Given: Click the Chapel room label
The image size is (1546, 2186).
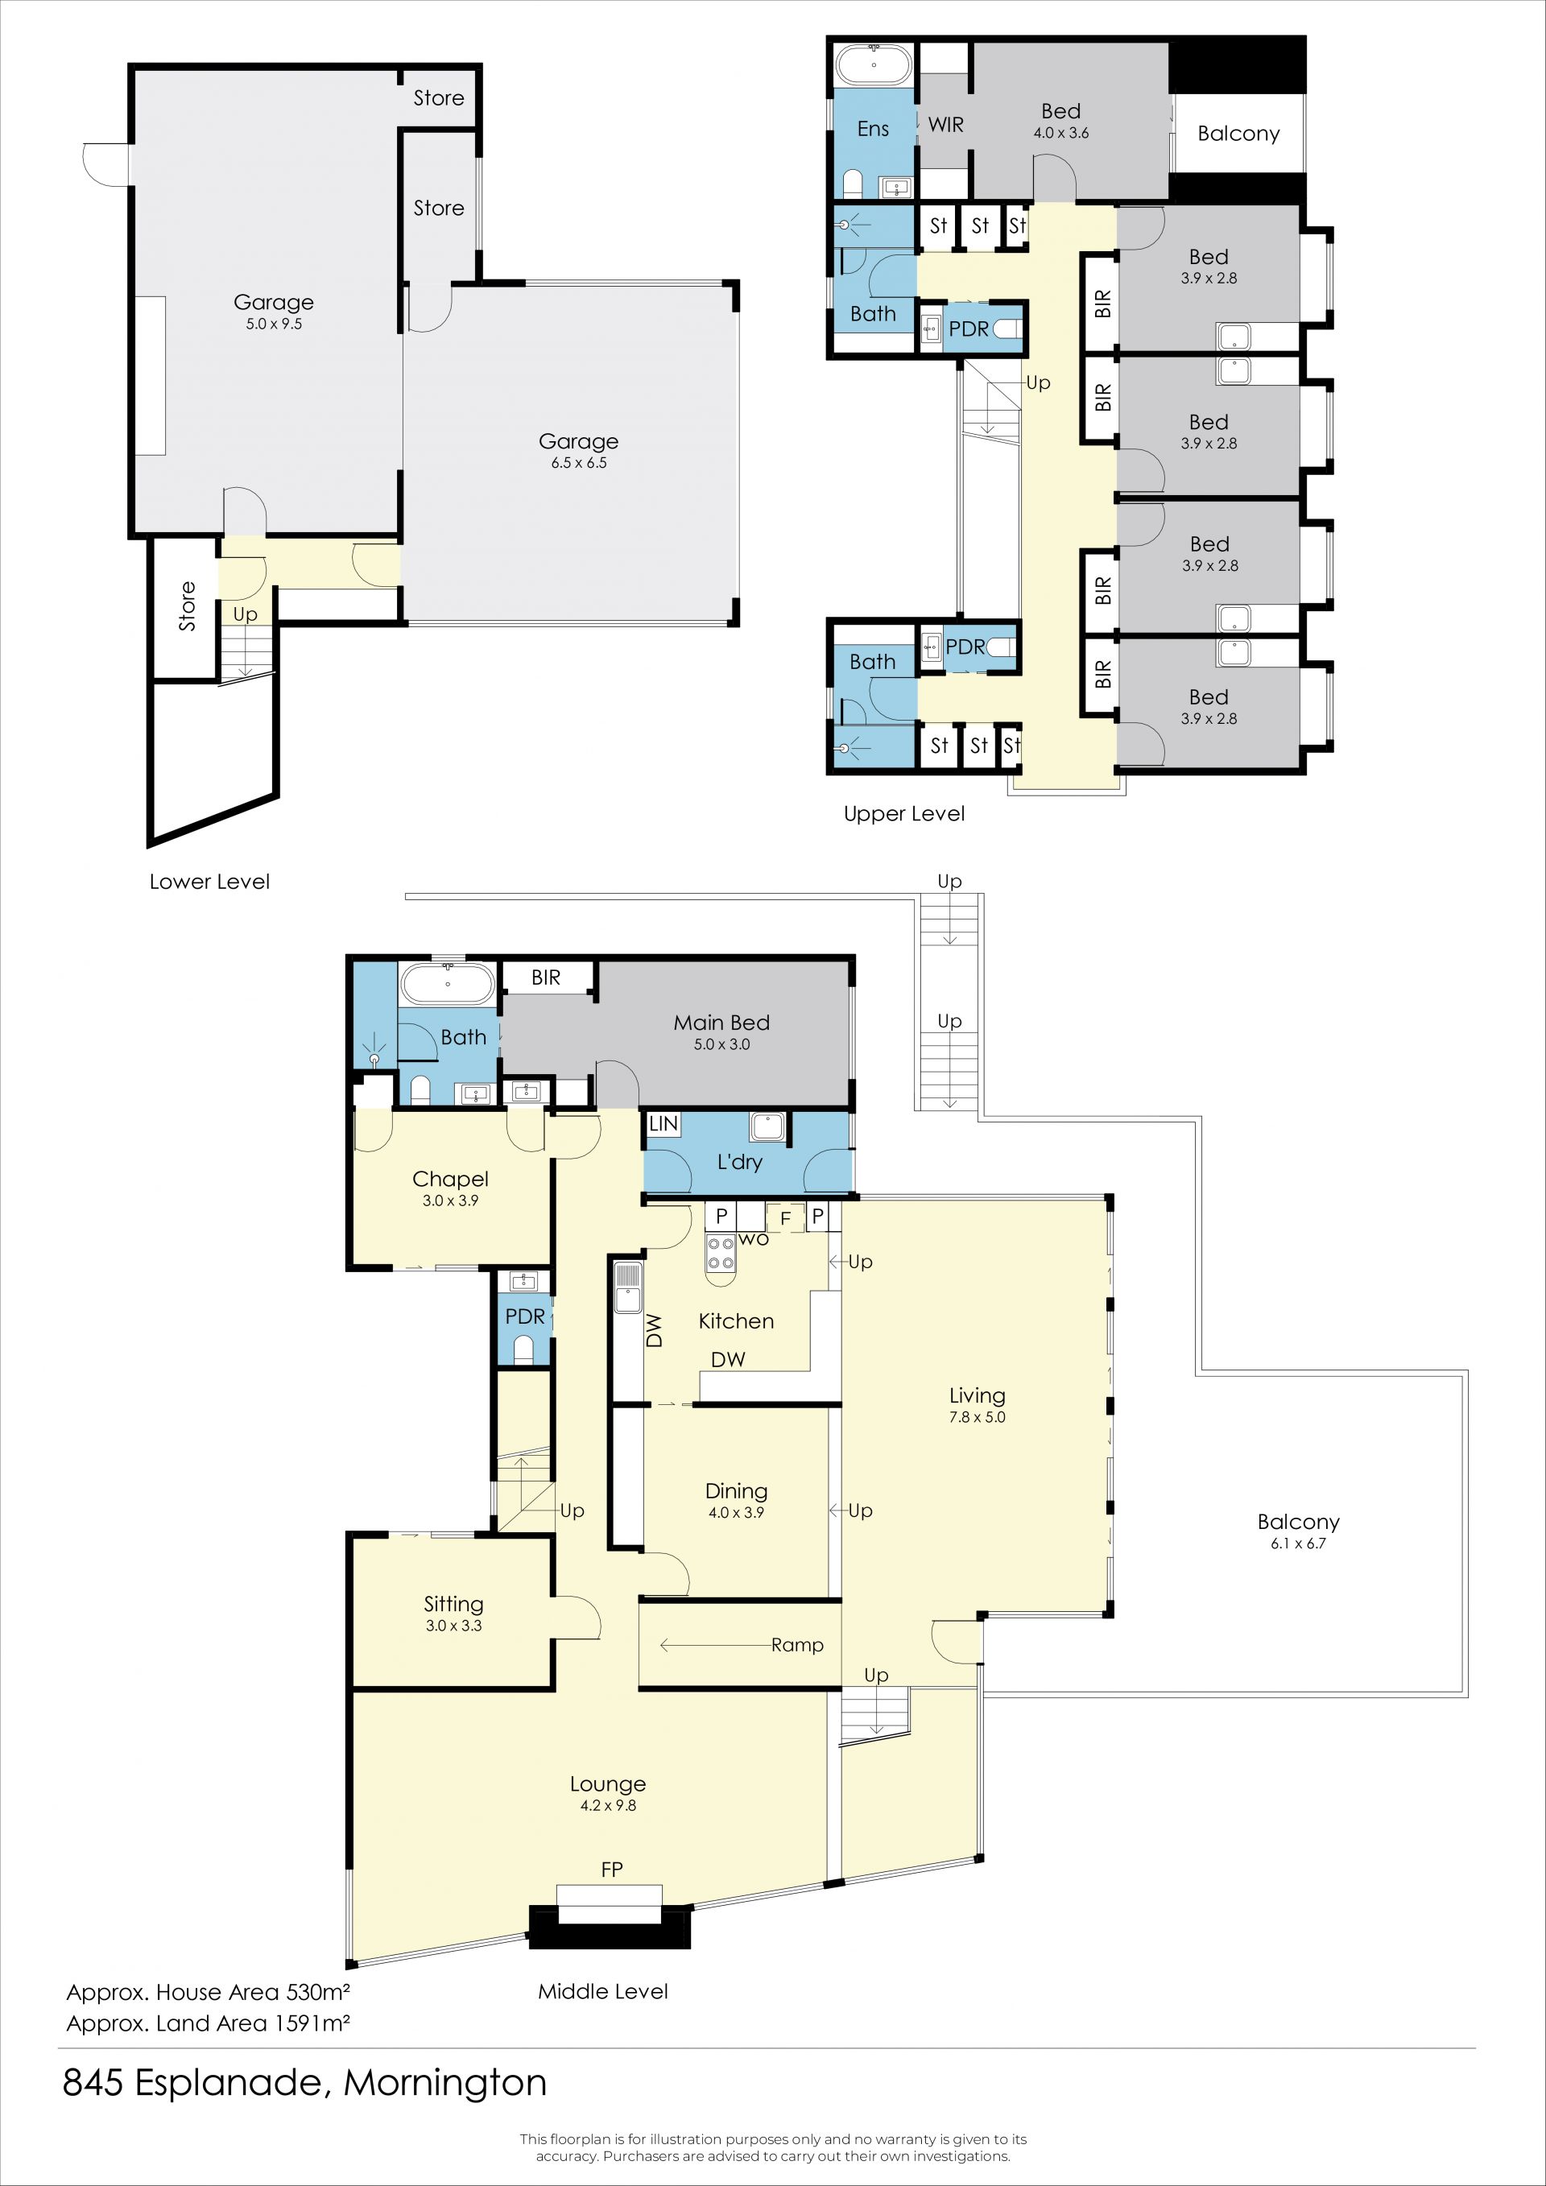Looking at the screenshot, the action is pos(450,1179).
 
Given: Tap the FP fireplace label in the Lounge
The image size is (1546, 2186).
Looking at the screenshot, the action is pos(612,1869).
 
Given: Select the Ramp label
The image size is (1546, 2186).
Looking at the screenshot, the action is pos(798,1645).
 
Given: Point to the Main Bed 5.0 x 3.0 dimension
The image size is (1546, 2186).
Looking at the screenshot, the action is pos(721,1044).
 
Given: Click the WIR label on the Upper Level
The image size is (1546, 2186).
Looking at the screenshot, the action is pos(946,125).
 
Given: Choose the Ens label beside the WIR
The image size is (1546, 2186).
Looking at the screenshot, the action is pos(873,129).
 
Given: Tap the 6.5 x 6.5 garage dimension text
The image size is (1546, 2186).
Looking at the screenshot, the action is pos(579,463).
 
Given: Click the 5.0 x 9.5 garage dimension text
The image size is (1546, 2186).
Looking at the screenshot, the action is pos(274,324).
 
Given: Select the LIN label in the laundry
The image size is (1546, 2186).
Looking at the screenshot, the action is pos(663,1123).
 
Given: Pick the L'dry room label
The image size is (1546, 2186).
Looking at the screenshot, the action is pos(740,1162).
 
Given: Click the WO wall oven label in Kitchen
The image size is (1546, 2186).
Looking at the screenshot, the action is pos(753,1238).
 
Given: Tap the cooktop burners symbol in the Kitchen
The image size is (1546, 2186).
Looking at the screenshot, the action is pos(721,1253).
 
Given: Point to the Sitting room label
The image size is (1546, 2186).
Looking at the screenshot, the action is pos(454,1604).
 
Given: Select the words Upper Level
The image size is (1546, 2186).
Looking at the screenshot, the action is pos(904,814).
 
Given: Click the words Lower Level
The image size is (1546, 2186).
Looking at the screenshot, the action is pos(209,882).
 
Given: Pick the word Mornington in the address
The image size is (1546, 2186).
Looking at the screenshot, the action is pos(445,2083).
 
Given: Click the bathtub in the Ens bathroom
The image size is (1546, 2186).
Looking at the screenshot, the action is pos(874,64).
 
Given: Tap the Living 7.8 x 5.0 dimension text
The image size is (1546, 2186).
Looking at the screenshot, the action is pos(978,1417).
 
